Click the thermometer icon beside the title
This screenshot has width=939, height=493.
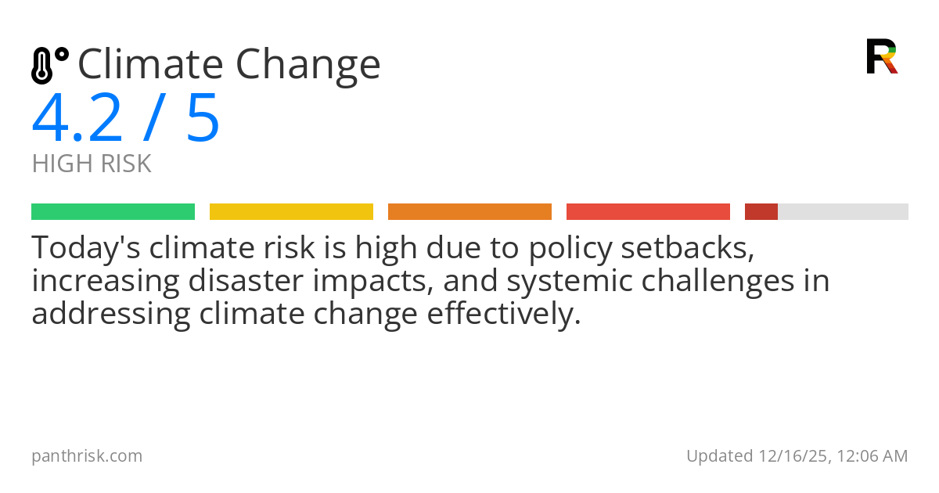tap(49, 66)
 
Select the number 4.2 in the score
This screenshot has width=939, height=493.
tap(77, 119)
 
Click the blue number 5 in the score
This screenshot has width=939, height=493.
tap(203, 119)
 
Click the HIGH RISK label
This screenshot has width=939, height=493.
tap(91, 164)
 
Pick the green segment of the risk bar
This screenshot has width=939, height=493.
tap(113, 211)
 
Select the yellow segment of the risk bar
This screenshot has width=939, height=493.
tap(291, 211)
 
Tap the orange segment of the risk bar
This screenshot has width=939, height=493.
tap(469, 211)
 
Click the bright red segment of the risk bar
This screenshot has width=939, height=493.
tap(648, 211)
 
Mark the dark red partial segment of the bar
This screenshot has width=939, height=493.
tap(761, 211)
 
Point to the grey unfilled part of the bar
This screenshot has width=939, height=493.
tap(843, 211)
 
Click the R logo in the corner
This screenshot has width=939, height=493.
tap(881, 56)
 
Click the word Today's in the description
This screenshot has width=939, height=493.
tap(85, 248)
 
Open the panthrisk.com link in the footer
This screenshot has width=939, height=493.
tap(87, 455)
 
